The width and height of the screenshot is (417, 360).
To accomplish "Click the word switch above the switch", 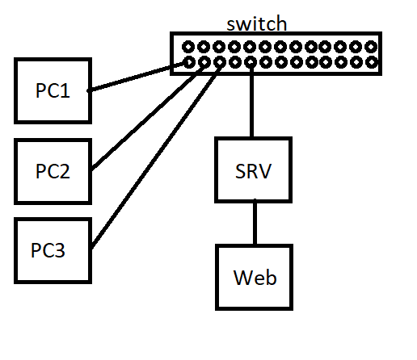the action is (x=257, y=23).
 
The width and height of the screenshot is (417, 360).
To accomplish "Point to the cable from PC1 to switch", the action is (x=137, y=77).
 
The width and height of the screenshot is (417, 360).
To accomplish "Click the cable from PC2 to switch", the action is (x=148, y=116).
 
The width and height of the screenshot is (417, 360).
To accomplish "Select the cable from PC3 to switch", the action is (x=156, y=156).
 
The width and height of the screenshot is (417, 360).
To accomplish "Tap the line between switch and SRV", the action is (x=251, y=100).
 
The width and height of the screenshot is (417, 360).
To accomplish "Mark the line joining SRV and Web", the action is (x=255, y=222).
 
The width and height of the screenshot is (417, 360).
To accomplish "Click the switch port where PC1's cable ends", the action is (x=189, y=62).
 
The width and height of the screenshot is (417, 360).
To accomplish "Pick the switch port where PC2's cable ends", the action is (x=204, y=62).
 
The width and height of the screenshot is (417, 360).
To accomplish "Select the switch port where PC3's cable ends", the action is (x=220, y=62).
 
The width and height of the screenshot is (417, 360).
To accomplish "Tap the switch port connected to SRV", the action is (x=251, y=62).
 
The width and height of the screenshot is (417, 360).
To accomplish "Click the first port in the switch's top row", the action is (x=188, y=47).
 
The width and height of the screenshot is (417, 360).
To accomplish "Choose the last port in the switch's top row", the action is (x=371, y=47).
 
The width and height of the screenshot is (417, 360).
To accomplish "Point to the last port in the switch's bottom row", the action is (x=372, y=62).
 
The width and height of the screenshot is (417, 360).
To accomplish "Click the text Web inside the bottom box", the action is (x=255, y=278).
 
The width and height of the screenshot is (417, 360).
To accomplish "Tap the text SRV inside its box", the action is (x=253, y=171).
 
